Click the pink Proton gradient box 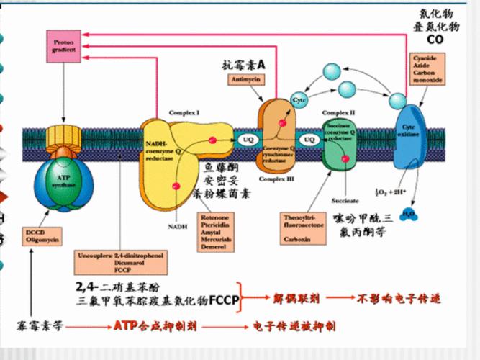[x=63, y=46]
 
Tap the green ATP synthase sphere [x=63, y=179]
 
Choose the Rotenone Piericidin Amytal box [x=217, y=232]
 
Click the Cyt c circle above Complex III [x=299, y=98]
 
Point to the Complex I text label [x=184, y=113]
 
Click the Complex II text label [x=338, y=113]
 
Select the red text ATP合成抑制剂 [x=155, y=326]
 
